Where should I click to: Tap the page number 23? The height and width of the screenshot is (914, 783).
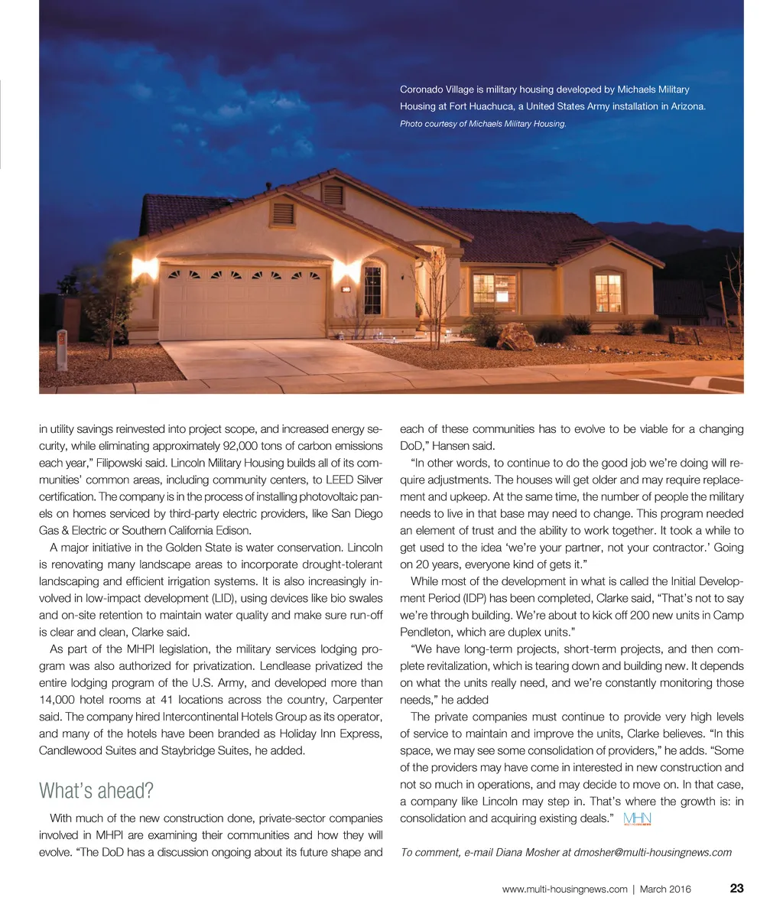tap(736, 888)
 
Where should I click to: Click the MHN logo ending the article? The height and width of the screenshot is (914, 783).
tap(637, 819)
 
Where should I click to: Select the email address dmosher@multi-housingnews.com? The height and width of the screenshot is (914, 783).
tap(652, 852)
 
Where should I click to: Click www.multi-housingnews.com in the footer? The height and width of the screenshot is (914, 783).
tap(564, 889)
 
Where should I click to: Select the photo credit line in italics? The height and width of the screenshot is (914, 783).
tap(482, 123)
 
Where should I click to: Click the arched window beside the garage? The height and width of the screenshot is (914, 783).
tap(372, 289)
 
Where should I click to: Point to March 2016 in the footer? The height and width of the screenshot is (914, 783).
tap(665, 889)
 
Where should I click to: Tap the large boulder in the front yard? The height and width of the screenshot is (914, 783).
tap(516, 337)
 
